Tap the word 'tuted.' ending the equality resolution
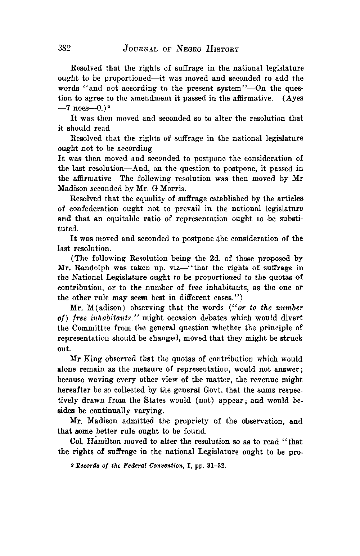pyautogui.click(x=67, y=228)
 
